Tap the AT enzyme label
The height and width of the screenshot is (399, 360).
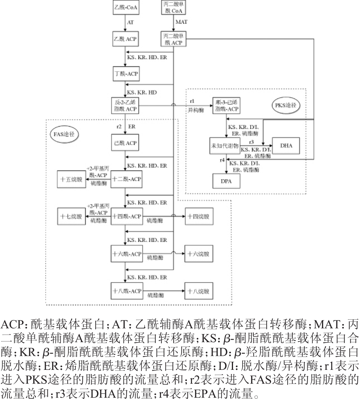[x=130, y=22]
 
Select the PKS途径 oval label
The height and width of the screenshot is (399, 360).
[x=285, y=105]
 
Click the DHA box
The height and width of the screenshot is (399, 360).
[x=286, y=145]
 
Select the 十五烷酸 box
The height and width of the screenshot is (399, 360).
[x=72, y=179]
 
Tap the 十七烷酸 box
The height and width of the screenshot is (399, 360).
[x=72, y=216]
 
